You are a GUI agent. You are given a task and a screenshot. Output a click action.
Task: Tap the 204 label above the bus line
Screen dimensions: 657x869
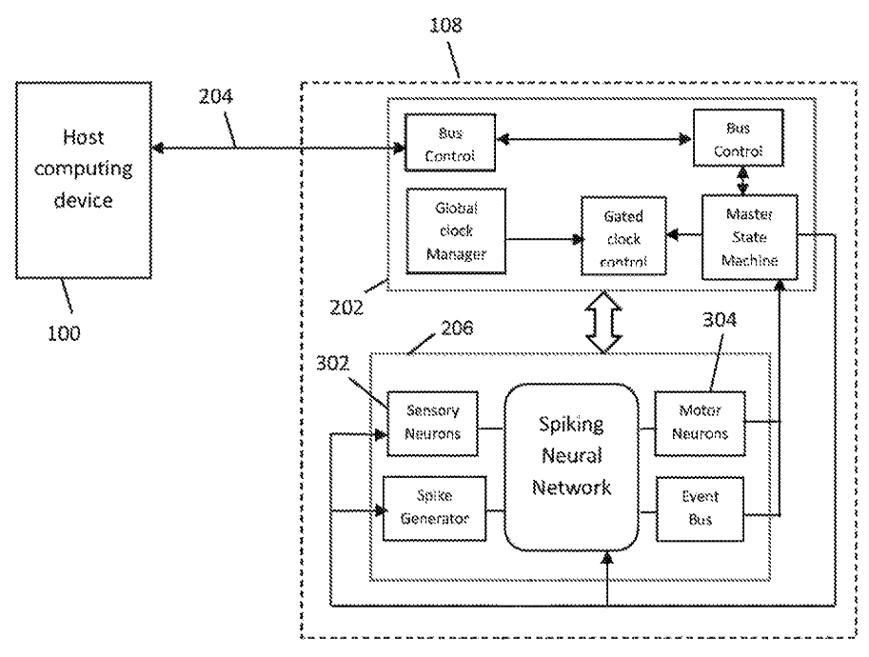(217, 122)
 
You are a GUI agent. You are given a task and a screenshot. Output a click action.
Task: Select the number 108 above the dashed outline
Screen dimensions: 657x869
(445, 26)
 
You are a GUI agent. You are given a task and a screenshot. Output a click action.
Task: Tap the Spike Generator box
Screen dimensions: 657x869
(433, 508)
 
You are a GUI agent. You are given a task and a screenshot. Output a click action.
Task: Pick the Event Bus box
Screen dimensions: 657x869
(700, 508)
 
